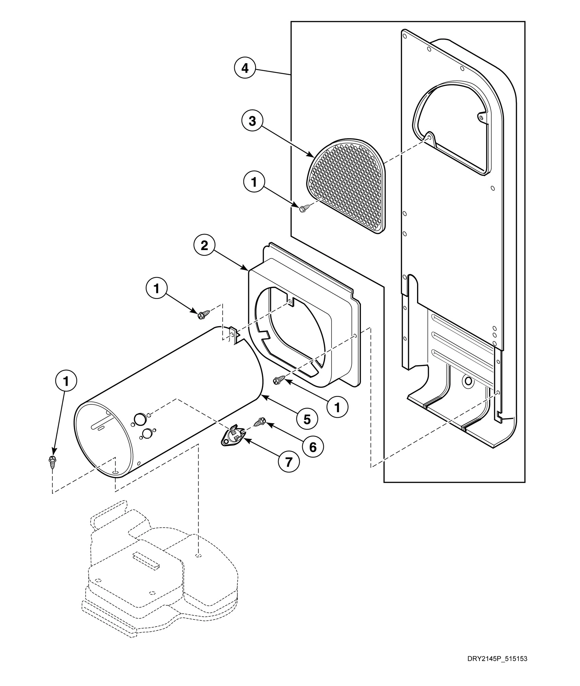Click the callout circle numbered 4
coord(245,68)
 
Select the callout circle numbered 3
coord(252,121)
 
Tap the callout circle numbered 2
coord(204,246)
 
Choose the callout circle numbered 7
coord(288,462)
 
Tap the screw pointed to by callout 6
coord(260,422)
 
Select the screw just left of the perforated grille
coord(304,208)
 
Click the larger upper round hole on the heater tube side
coord(140,419)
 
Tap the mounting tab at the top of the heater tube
coord(233,336)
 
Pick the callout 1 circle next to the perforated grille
coord(254,182)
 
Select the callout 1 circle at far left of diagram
coord(66,381)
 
